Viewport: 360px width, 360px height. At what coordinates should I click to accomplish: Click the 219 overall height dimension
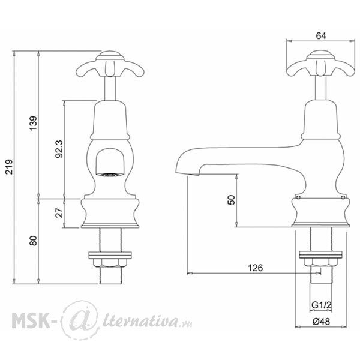[10, 167]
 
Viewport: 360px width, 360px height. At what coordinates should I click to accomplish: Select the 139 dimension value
[34, 123]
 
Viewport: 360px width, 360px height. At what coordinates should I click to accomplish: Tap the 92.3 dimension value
[59, 149]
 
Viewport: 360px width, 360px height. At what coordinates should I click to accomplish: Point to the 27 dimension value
[59, 213]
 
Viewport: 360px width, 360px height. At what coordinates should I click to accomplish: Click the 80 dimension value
[34, 241]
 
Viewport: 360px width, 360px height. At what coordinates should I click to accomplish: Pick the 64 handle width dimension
[321, 36]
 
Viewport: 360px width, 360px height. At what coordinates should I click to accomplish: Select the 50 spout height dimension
[231, 200]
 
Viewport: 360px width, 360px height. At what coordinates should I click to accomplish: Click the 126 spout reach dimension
[256, 268]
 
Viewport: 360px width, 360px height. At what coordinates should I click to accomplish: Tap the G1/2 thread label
[322, 305]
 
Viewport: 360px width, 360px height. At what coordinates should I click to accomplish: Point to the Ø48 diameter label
[321, 322]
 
